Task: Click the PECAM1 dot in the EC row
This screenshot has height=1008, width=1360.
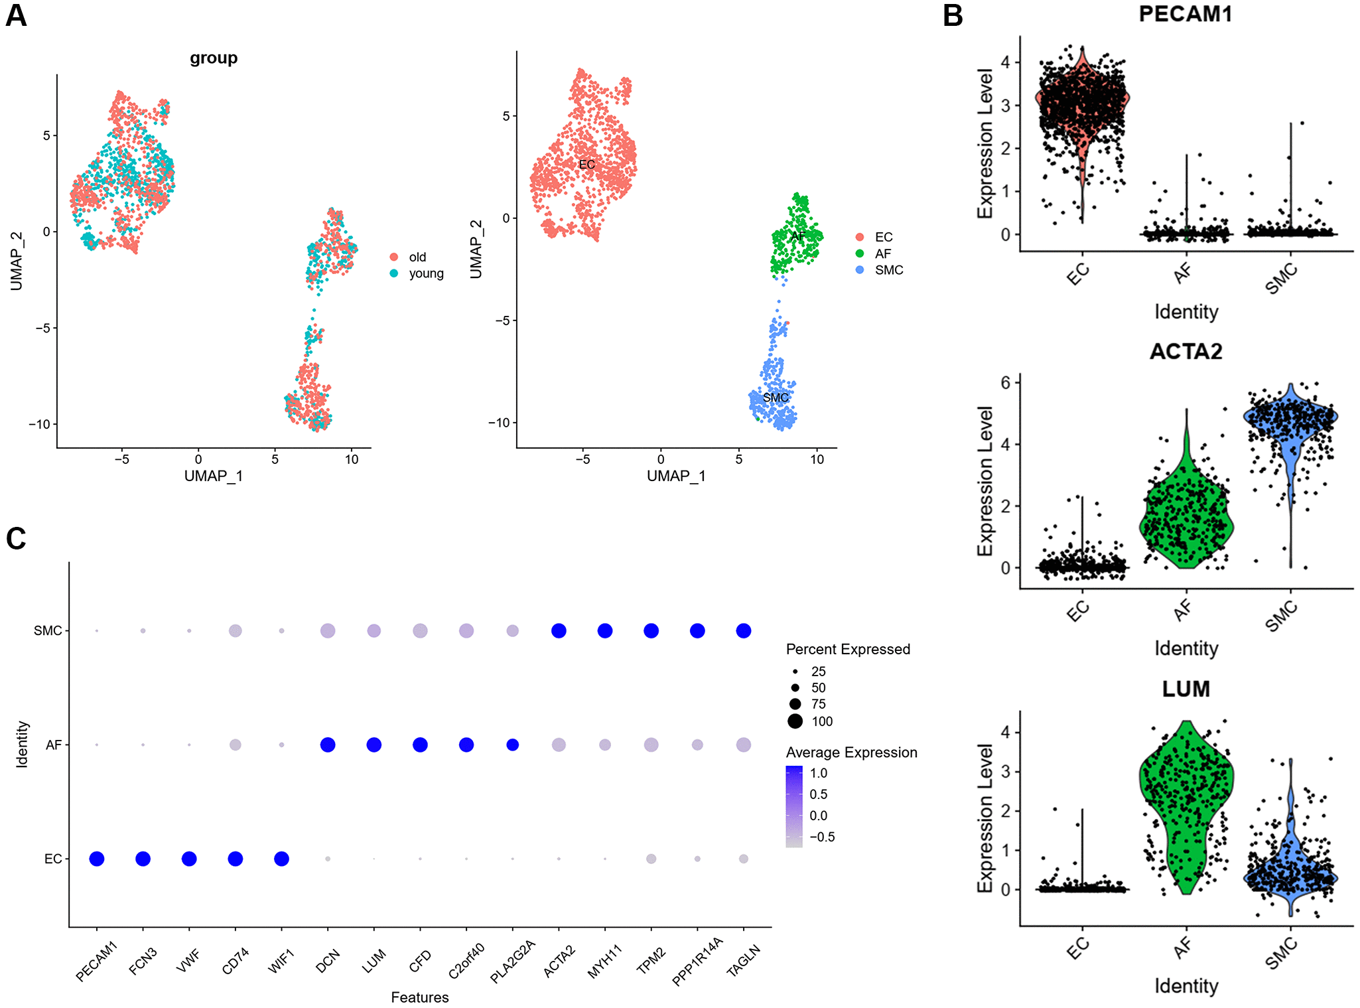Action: [x=96, y=859]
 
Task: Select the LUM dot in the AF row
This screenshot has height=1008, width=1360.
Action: [x=374, y=745]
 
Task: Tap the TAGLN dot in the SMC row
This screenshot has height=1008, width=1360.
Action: [x=743, y=630]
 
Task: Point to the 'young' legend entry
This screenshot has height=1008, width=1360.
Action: [x=425, y=273]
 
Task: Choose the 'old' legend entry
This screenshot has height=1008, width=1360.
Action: [x=417, y=257]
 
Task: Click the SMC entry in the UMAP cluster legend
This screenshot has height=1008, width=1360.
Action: [x=888, y=270]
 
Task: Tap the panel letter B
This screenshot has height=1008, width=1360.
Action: [x=953, y=15]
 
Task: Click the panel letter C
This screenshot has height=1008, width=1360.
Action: [x=16, y=539]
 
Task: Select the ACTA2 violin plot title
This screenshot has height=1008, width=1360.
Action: [x=1186, y=351]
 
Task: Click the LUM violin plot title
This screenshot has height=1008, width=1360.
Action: [x=1186, y=689]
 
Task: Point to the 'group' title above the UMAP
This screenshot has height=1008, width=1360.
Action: [x=214, y=58]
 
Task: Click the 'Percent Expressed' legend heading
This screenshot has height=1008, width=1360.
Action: [x=847, y=649]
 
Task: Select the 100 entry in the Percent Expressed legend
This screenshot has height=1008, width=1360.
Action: [x=821, y=721]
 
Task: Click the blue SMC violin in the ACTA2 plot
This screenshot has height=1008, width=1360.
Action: [x=1290, y=425]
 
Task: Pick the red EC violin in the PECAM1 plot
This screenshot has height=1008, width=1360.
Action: [x=1082, y=106]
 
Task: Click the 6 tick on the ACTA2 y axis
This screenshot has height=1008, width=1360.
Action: [x=1006, y=382]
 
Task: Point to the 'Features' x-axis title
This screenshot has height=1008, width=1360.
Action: [x=419, y=997]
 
